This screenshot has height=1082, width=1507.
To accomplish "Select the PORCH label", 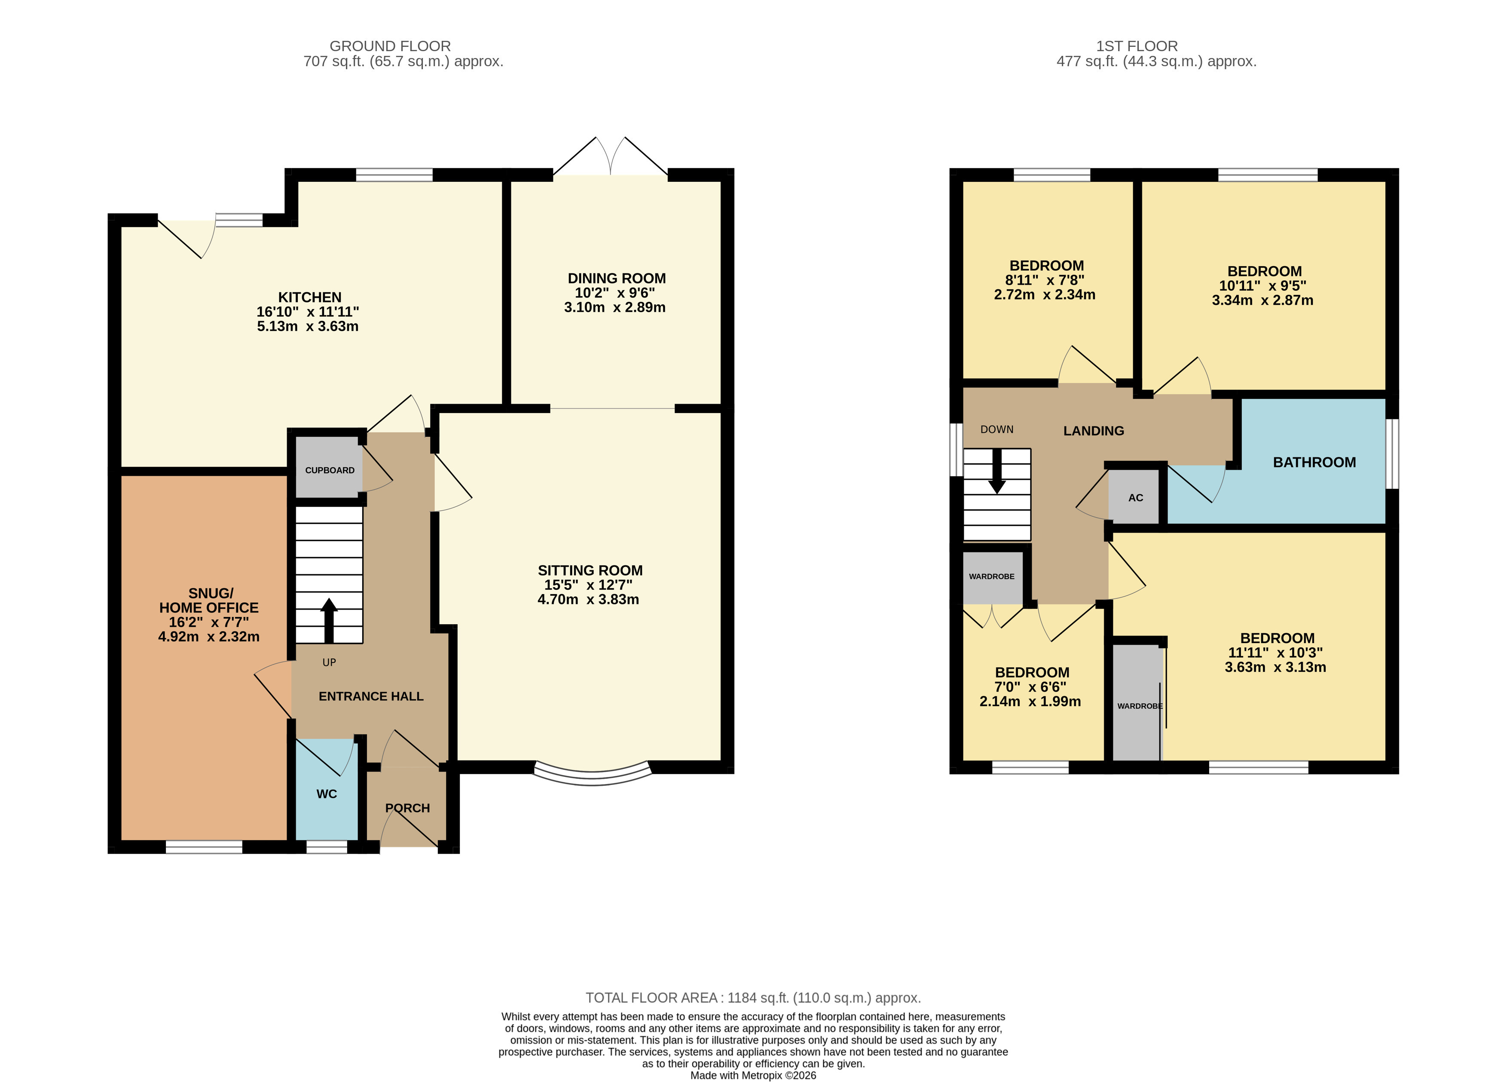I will point(407,808).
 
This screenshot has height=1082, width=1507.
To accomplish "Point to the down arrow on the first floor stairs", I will point(997,471).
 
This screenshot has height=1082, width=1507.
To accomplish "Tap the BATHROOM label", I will point(1314,463).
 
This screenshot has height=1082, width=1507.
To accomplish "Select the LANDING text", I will point(1093,431).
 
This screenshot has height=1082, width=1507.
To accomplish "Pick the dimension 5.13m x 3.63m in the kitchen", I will point(308,326).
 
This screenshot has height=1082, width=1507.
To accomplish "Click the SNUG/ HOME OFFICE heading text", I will point(209,600).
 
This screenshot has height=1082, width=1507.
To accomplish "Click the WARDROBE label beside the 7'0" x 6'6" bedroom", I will point(991,576).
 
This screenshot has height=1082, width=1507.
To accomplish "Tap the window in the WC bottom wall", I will point(326,847).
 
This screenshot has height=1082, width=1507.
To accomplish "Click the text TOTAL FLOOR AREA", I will point(651,998).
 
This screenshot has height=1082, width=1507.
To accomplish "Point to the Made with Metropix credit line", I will point(753,1076).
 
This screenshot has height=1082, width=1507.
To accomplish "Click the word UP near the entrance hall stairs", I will point(329,662).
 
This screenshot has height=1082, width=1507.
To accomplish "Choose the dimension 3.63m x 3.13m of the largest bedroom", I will point(1275,667).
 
